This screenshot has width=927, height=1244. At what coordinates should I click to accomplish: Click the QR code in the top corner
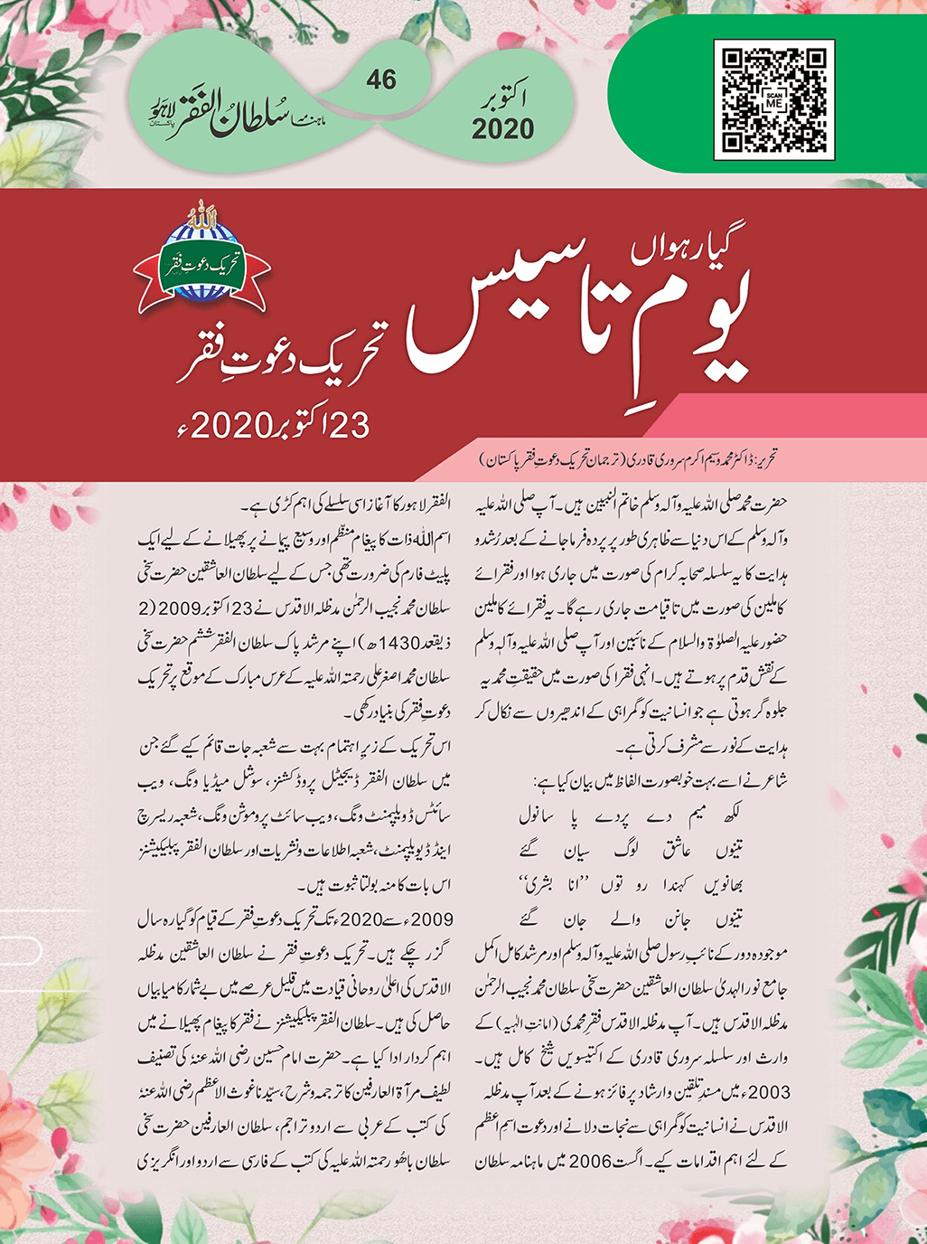[x=773, y=100]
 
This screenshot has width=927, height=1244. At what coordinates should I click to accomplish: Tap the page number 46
[x=381, y=80]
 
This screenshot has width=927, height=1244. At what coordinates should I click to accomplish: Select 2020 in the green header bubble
[x=502, y=129]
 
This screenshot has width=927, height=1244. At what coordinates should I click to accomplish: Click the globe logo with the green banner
[x=201, y=264]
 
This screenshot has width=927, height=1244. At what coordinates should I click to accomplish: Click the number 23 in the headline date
[x=348, y=423]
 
